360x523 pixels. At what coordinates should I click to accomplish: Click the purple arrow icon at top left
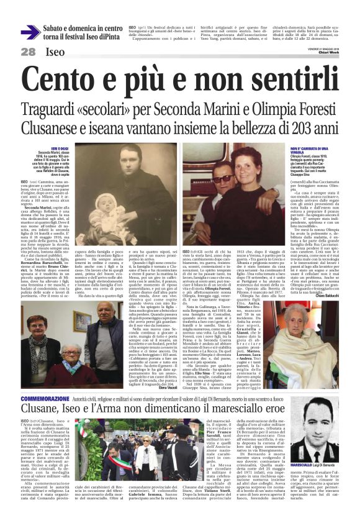30,32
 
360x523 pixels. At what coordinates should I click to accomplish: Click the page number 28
29,52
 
